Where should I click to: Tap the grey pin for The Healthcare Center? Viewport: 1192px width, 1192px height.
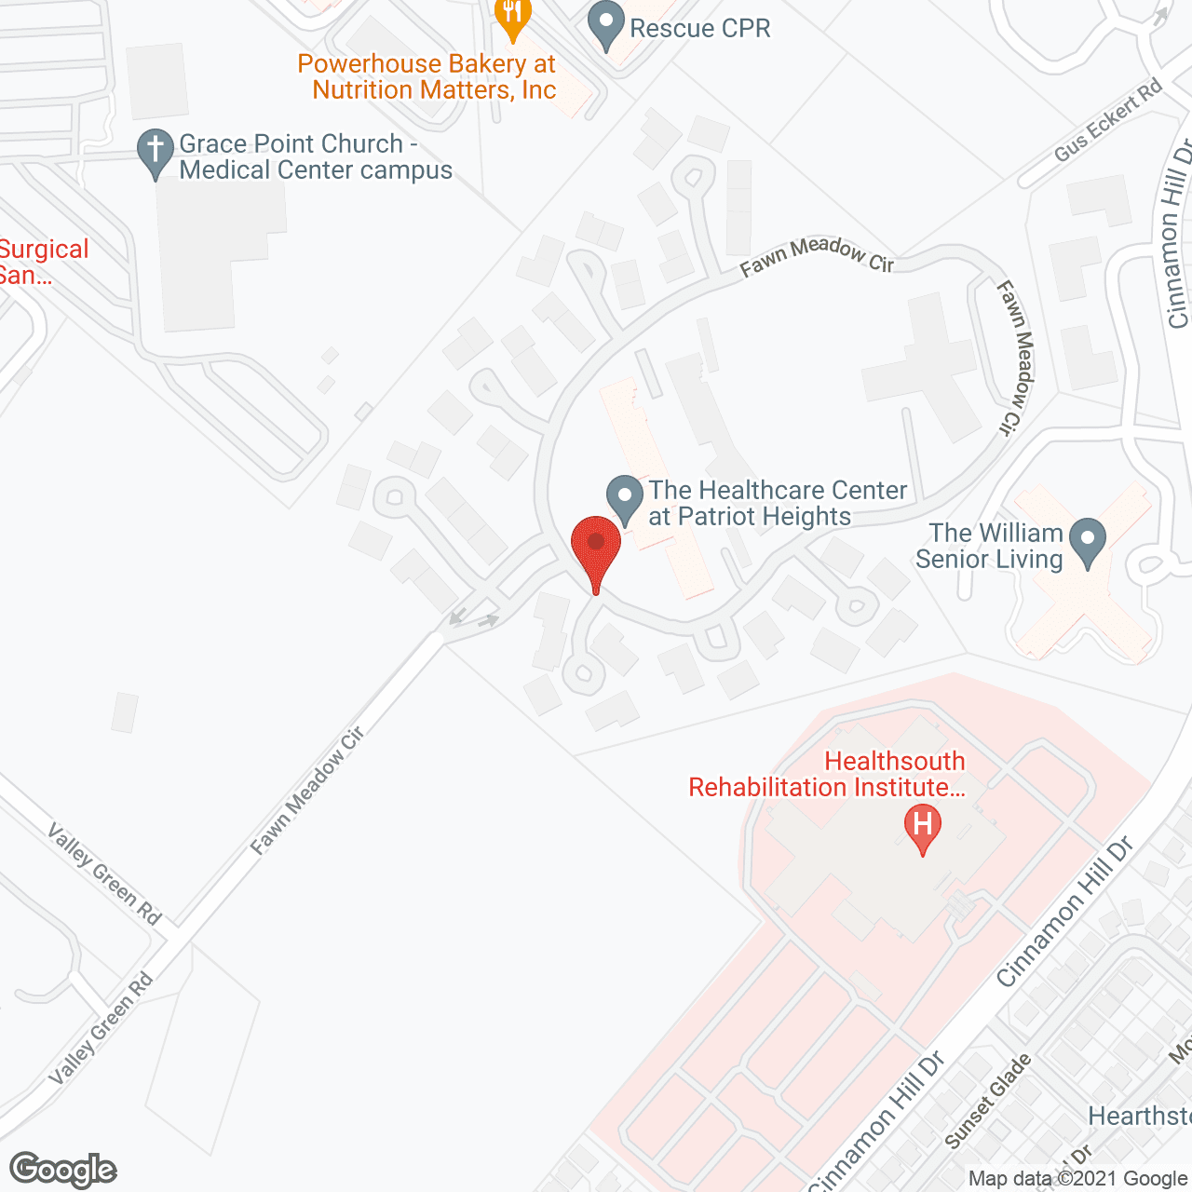tap(625, 497)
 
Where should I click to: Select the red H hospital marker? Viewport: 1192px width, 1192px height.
tap(922, 828)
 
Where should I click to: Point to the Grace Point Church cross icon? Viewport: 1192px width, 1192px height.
tap(156, 151)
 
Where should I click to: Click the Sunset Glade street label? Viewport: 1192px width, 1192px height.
tap(988, 1101)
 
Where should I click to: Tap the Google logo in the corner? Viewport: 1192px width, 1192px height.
tap(63, 1170)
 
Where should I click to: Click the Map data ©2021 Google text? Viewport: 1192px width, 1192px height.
tap(1077, 1179)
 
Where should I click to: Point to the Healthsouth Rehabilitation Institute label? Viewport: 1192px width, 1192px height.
tap(826, 774)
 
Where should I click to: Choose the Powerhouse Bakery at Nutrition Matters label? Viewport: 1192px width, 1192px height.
tap(427, 77)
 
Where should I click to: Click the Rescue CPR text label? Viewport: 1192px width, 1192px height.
tap(700, 28)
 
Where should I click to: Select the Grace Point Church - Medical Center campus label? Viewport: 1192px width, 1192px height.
tap(316, 156)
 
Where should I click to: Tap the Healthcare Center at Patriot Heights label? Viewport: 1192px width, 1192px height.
tap(778, 503)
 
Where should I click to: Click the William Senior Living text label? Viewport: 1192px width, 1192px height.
tap(989, 546)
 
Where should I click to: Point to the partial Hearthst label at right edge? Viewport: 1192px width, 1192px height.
tap(1139, 1116)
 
